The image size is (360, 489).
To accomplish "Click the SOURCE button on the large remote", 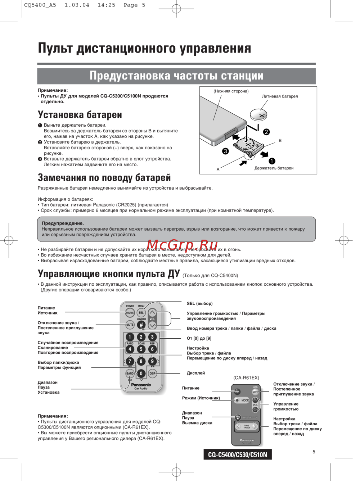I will click(x=130, y=313).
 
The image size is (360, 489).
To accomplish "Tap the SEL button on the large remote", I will click(x=141, y=313).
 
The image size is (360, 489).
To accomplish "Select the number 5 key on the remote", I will click(x=141, y=349).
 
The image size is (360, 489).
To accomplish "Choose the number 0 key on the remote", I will click(x=141, y=373).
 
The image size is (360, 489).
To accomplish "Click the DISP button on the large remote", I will click(x=152, y=373).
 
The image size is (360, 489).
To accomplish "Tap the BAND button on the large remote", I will click(x=130, y=373).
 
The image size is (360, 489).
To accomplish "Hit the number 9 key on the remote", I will click(x=152, y=361).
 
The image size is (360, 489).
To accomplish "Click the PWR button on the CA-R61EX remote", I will click(x=237, y=391).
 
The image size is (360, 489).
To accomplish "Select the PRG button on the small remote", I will click(x=238, y=417).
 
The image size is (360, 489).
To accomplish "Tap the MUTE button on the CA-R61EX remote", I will click(x=255, y=392).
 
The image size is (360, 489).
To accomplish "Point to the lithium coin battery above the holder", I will click(x=258, y=115).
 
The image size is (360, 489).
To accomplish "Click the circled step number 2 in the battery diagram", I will click(x=266, y=132).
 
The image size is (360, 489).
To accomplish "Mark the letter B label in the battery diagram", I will click(x=280, y=141).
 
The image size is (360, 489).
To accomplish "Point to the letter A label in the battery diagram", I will click(x=218, y=169).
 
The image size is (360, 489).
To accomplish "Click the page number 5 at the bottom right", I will click(x=314, y=452).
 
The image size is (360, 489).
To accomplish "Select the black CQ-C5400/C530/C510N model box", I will click(x=238, y=454).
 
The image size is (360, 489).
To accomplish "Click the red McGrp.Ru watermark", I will click(x=182, y=245).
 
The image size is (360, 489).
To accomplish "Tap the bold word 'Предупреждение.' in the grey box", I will click(x=63, y=223).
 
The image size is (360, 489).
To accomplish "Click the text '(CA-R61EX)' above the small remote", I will click(x=246, y=378).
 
